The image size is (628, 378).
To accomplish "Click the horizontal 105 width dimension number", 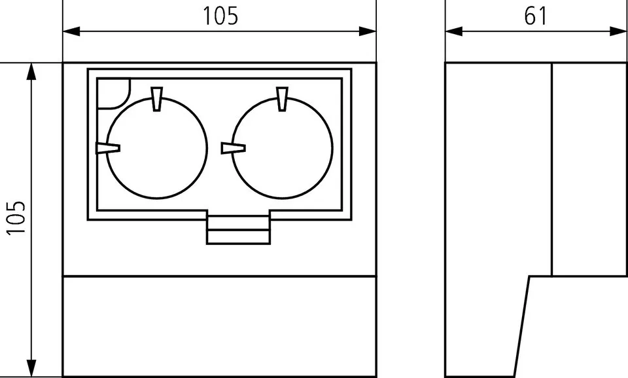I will point(220,16).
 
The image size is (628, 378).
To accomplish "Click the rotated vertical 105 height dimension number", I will point(17,217).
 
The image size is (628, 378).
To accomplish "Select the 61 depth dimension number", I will point(535,16).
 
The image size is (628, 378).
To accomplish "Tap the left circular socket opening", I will point(157,148).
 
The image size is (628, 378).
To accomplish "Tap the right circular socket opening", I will point(281,148).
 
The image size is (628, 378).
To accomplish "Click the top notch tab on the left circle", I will point(156,99).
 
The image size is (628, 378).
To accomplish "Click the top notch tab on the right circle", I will point(282,99).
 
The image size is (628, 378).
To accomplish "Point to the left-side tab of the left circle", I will point(107,148).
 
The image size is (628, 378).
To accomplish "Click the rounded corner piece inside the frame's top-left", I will point(113,92).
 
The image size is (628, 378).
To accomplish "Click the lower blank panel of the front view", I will point(220,326).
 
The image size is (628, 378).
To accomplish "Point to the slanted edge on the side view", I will point(521,326).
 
